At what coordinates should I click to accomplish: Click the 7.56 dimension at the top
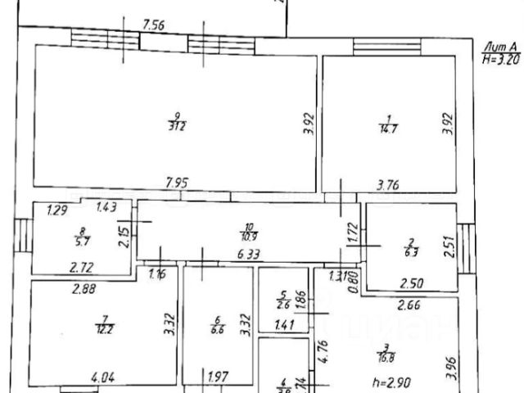154,25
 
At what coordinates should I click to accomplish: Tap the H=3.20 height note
501,59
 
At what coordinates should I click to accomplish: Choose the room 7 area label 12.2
104,330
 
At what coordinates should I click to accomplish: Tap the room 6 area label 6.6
217,330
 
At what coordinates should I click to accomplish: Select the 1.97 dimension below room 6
216,377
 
